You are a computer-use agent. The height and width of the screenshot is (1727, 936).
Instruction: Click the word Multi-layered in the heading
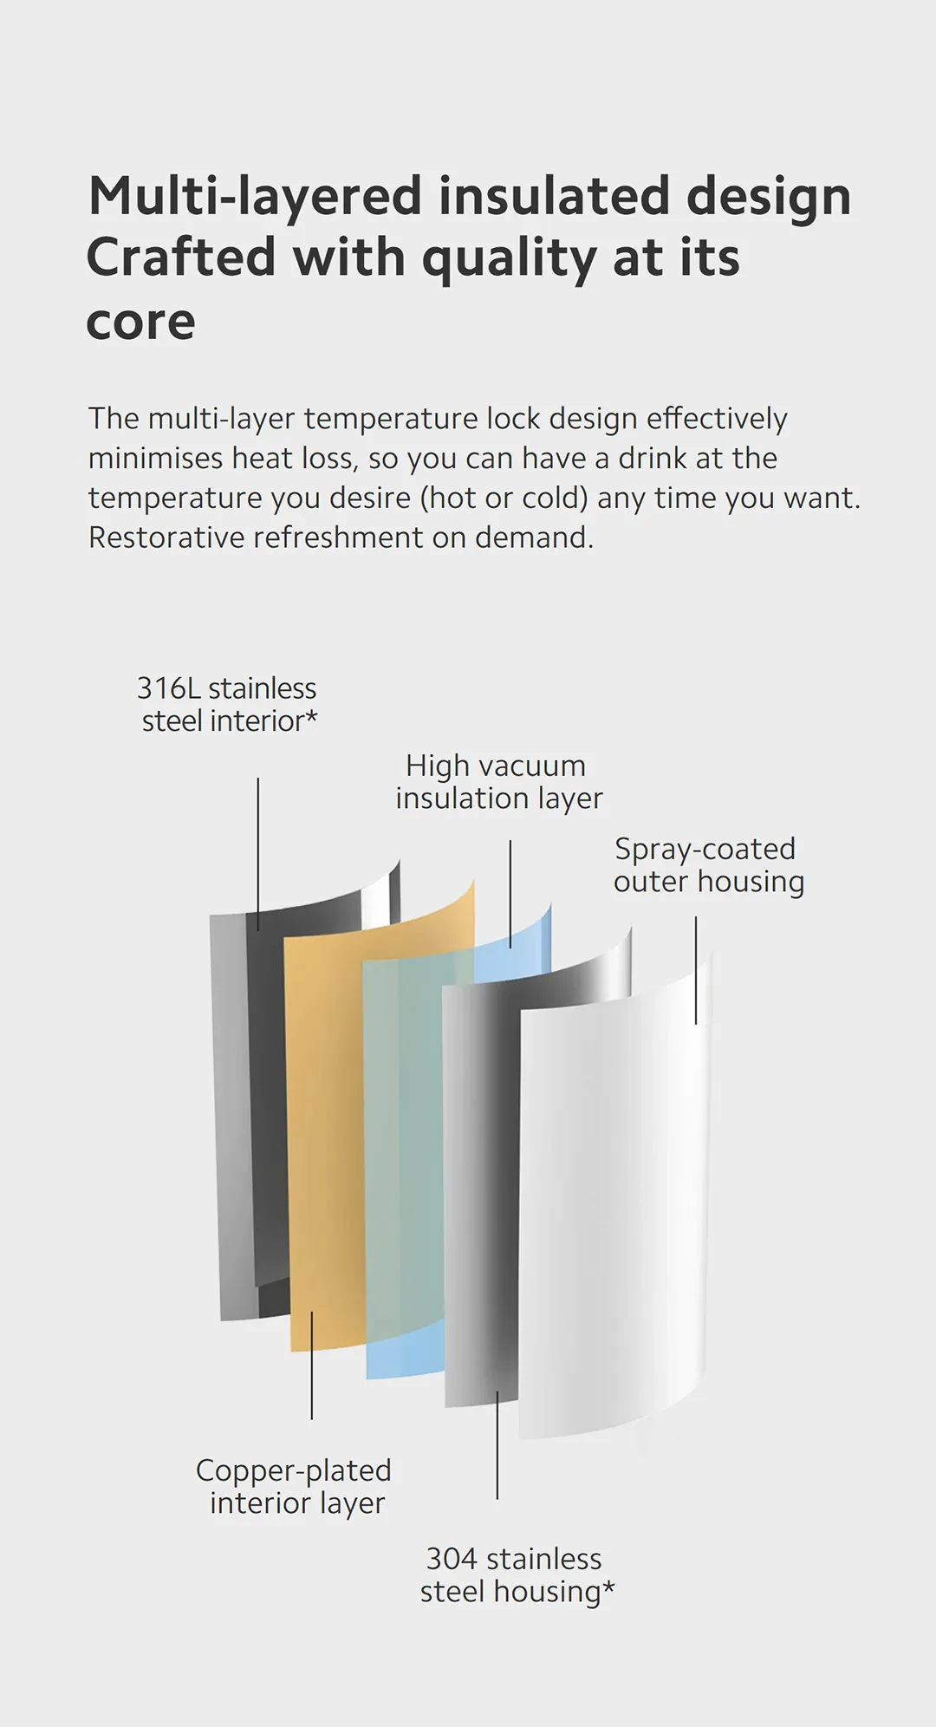coord(255,198)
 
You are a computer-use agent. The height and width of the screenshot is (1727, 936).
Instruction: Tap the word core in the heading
coord(140,322)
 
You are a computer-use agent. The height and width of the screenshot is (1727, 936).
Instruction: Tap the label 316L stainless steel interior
coord(228,704)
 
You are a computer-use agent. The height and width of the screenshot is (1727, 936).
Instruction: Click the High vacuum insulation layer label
coord(498,782)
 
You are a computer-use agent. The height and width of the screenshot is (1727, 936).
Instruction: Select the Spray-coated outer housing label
coord(709,865)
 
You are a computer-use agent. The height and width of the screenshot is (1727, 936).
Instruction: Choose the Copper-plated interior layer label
coord(295,1487)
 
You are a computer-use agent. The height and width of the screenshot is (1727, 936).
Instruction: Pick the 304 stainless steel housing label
coord(517,1575)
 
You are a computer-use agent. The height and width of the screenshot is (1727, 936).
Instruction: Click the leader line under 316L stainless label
coord(258,854)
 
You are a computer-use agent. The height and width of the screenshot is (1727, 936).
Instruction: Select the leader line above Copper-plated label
coord(312,1365)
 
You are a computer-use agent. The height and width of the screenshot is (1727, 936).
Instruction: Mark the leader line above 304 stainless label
coord(497,1445)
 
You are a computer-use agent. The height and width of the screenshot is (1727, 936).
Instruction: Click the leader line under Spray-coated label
coord(696,971)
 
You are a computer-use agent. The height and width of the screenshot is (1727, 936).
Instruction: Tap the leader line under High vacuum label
coord(510,894)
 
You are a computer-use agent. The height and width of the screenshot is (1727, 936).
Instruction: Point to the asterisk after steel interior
coord(312,715)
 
